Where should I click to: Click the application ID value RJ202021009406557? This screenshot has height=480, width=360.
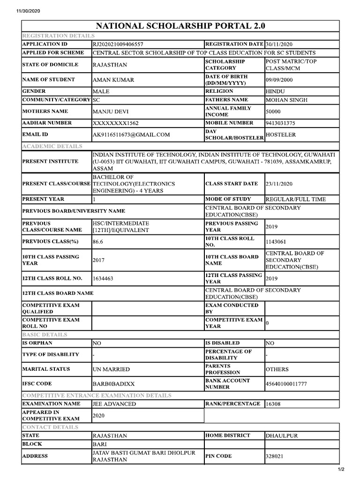(x=118, y=44)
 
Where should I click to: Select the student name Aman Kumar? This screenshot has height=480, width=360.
(x=113, y=80)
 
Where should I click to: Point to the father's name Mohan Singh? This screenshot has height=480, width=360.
(x=287, y=100)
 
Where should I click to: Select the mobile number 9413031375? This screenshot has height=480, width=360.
(x=280, y=123)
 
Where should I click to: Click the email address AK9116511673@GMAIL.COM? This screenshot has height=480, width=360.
(x=131, y=135)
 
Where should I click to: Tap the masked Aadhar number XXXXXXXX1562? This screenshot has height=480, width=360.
(x=116, y=123)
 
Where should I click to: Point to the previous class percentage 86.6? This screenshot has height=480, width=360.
(x=98, y=242)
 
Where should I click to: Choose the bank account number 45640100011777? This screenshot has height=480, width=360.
(x=286, y=384)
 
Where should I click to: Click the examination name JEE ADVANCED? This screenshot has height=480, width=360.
(x=114, y=404)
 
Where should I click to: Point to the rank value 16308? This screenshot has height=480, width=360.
(x=273, y=404)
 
